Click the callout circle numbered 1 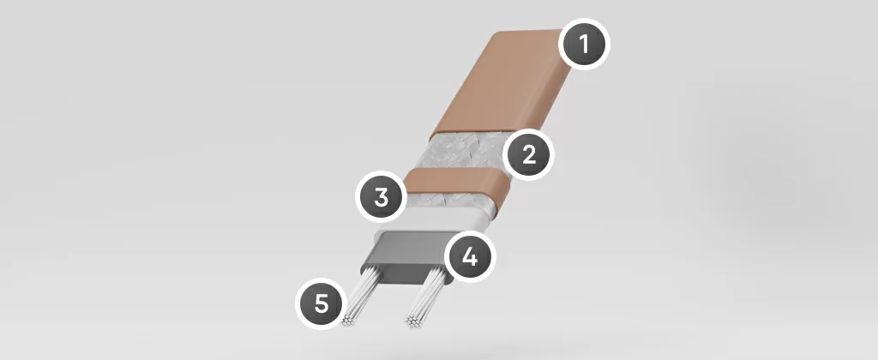pos(584,45)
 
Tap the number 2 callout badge pos(528,155)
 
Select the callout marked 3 pos(382,198)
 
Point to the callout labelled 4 pos(470,257)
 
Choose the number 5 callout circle pos(321,303)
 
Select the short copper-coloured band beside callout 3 pos(456,182)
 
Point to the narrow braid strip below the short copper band pos(448,202)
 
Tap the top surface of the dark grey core pos(412,243)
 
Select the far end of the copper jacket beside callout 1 pos(529,32)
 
